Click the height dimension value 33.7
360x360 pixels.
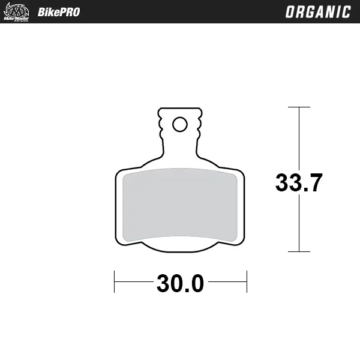299,182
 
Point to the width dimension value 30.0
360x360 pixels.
181,283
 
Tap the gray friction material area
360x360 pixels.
180,204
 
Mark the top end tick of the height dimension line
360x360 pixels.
299,107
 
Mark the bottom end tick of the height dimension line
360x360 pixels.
299,251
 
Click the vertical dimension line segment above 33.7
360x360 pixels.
299,138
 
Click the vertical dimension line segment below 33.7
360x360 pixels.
299,222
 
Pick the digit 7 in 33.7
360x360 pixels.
316,182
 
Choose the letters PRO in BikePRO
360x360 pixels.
68,12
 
